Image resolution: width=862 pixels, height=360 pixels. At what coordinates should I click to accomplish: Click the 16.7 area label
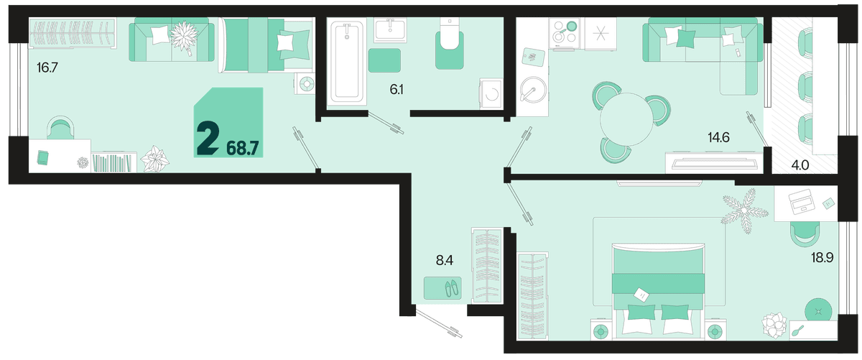tap(47, 68)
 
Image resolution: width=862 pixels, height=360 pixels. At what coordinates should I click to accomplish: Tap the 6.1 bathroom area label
tap(397, 90)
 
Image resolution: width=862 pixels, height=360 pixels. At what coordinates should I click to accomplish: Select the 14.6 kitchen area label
tap(718, 137)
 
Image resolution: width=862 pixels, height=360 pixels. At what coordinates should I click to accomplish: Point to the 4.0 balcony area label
tap(800, 165)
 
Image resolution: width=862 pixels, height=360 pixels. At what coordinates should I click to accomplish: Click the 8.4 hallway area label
tap(445, 261)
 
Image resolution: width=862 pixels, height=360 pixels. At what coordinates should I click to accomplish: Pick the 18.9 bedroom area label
tap(822, 257)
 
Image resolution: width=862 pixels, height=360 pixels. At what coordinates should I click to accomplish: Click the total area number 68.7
tap(243, 148)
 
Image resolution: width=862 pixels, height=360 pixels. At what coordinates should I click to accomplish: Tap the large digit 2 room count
tap(208, 138)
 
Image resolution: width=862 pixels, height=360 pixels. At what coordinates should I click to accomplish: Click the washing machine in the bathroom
tap(491, 93)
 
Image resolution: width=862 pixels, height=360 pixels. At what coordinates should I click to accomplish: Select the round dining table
tap(626, 119)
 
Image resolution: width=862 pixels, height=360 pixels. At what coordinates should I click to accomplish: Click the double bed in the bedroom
tap(659, 292)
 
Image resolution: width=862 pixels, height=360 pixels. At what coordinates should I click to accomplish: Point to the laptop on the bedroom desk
tap(801, 202)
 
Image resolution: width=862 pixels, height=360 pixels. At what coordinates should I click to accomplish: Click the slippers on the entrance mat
tap(452, 288)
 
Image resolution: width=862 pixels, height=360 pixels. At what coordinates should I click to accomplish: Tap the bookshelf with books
tap(114, 162)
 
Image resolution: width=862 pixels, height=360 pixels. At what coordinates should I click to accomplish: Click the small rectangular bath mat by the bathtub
tap(384, 60)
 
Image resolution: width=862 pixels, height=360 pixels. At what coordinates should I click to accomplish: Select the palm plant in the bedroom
tap(745, 211)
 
